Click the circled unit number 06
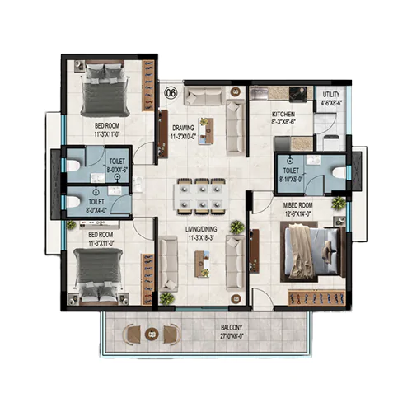tap(171, 93)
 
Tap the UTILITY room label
tap(332, 95)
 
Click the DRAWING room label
tap(183, 128)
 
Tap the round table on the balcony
tap(151, 334)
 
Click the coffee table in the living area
tap(199, 263)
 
